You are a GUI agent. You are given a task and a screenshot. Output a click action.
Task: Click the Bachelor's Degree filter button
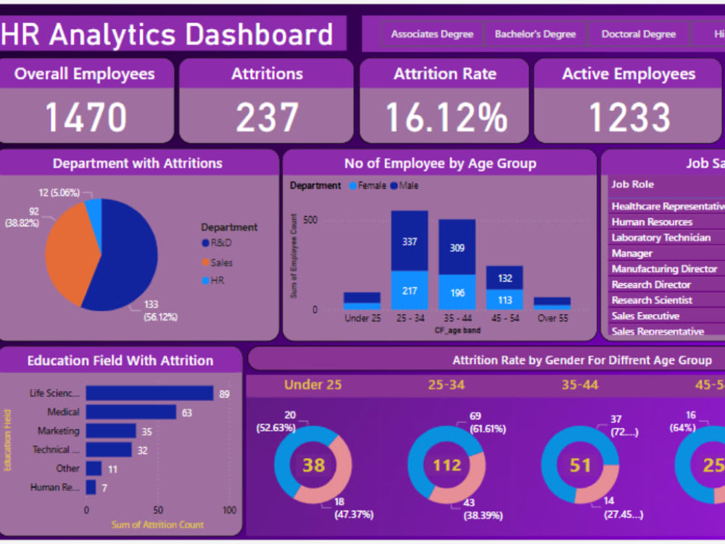tap(535, 34)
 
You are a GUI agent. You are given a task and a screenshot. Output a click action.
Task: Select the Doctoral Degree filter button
tap(638, 34)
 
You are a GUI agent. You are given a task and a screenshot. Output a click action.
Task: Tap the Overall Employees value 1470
tap(86, 118)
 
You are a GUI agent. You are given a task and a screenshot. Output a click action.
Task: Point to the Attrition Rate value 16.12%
tap(445, 118)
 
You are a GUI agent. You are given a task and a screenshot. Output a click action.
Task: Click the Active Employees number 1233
tap(629, 118)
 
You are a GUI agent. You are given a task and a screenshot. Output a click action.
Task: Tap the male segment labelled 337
tap(410, 241)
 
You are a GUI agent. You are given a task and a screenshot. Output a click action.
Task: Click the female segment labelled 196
tap(457, 292)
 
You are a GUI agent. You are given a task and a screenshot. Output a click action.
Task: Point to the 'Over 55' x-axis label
tap(552, 318)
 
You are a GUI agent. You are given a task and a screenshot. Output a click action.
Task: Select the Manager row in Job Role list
tap(632, 253)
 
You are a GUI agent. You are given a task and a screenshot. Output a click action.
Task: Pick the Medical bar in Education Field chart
tap(130, 412)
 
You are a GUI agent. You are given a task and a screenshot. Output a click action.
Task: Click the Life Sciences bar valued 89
tap(149, 393)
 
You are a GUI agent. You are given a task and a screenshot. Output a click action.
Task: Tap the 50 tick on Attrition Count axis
tap(158, 510)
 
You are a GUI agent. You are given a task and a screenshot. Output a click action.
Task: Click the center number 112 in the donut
tap(447, 464)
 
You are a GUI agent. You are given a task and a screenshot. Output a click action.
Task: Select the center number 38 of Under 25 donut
tap(313, 464)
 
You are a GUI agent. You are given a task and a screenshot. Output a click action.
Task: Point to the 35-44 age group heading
tap(580, 384)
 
